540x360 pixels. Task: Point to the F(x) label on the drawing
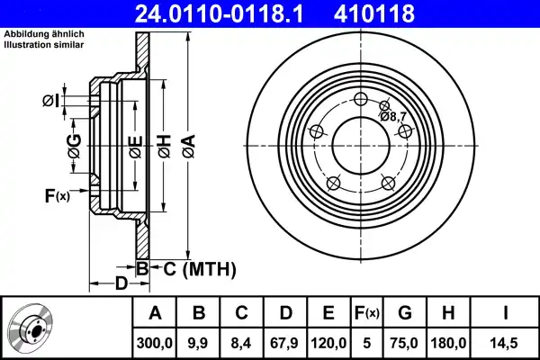pyautogui.click(x=56, y=195)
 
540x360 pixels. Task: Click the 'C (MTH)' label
pyautogui.click(x=199, y=268)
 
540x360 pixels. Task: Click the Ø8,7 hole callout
pyautogui.click(x=393, y=116)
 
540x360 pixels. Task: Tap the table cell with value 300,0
pyautogui.click(x=155, y=341)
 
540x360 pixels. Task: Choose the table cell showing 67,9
pyautogui.click(x=285, y=341)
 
